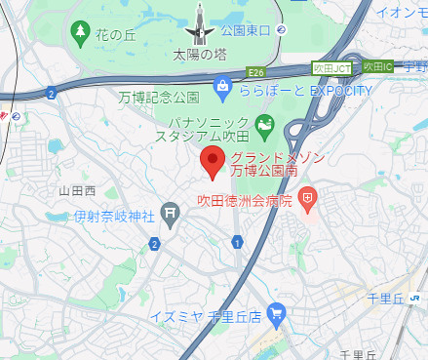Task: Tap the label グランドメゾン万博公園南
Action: [x=271, y=164]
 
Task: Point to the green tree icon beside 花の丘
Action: [x=79, y=34]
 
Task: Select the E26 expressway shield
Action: [x=256, y=72]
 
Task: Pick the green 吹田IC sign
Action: [x=375, y=66]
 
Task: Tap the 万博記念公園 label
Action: [x=159, y=98]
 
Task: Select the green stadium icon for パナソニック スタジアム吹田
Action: [x=262, y=125]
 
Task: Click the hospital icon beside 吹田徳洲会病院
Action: [x=308, y=200]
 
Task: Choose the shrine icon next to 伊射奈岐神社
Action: [x=171, y=210]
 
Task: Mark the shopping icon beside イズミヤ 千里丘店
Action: [x=277, y=314]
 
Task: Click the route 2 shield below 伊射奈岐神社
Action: [x=154, y=243]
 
